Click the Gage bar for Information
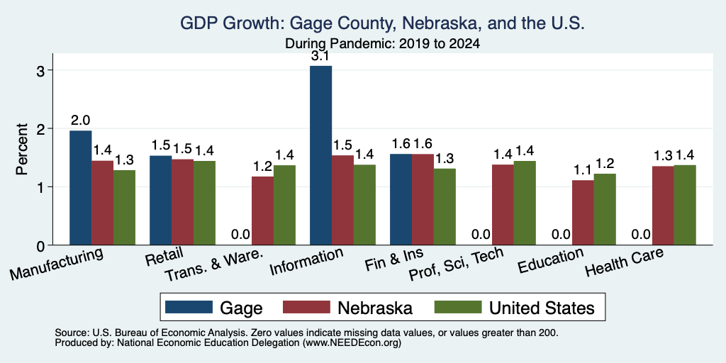tap(321, 155)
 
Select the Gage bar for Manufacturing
tap(81, 187)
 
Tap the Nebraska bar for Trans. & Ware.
tap(262, 211)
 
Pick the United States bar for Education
tap(605, 209)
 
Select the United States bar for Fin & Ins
tap(445, 206)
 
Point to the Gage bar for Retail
tap(161, 200)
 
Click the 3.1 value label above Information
tap(320, 57)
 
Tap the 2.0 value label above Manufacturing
tap(80, 121)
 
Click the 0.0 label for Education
tap(562, 235)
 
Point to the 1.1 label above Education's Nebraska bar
tap(583, 170)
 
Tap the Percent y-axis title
tap(22, 149)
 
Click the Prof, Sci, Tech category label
tap(456, 264)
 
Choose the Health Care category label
tap(624, 261)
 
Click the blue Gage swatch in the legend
tap(189, 307)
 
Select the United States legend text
tap(542, 308)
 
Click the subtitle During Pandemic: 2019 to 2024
tap(382, 44)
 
